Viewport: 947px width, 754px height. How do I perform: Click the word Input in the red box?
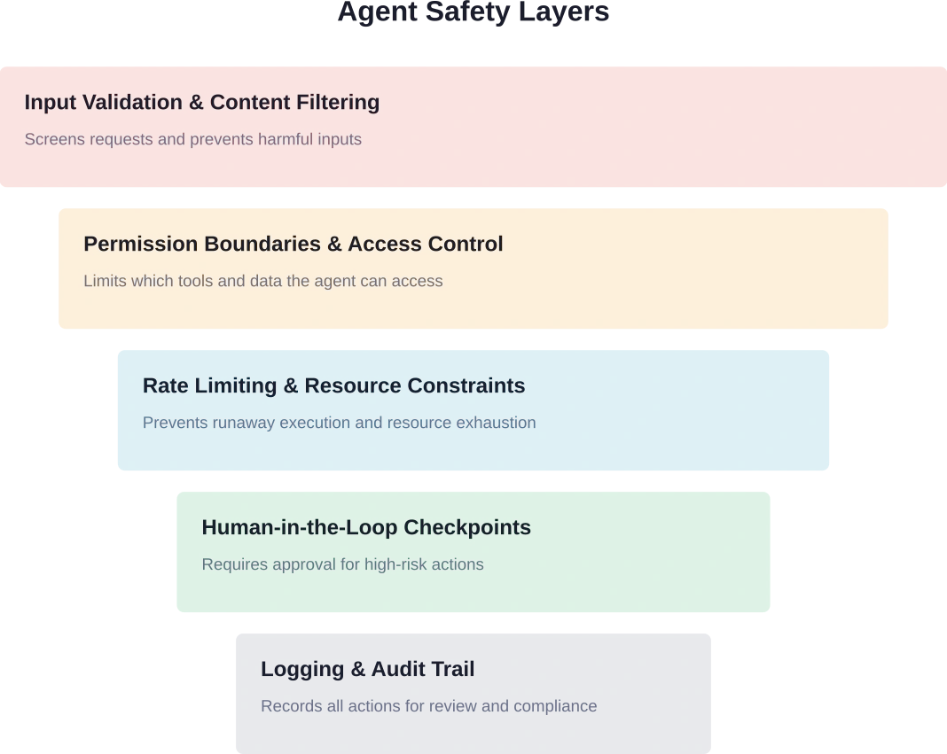49,103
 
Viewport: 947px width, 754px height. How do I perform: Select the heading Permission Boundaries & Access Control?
293,245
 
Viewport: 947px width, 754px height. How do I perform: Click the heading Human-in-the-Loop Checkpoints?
366,528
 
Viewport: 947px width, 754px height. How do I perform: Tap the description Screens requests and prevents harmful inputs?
192,139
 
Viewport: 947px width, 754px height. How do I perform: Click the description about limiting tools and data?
262,281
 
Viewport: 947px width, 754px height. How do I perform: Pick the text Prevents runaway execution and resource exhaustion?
339,423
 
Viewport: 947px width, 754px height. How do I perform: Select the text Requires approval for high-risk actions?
342,564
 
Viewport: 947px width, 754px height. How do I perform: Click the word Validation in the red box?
132,103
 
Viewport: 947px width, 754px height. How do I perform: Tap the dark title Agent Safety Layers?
473,12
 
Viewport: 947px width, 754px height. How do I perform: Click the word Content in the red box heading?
249,103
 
